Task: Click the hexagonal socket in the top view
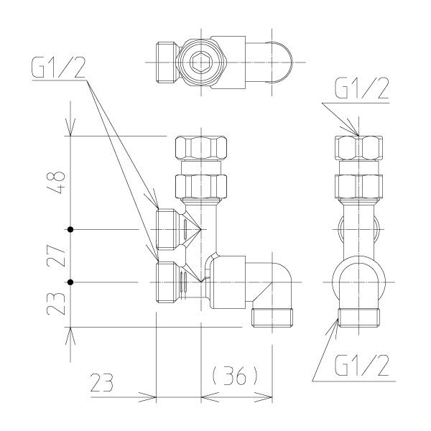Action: coord(201,62)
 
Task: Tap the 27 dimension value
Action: coord(56,256)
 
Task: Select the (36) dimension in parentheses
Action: coord(235,375)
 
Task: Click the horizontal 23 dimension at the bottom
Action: coord(102,382)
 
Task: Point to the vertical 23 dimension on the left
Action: coord(56,303)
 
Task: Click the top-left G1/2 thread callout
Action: coord(58,67)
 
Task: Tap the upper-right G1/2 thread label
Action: coord(362,88)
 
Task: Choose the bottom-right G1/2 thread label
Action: coord(362,366)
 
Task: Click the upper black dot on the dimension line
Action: coord(70,229)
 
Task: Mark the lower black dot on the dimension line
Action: coord(70,282)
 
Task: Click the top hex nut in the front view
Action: coord(201,147)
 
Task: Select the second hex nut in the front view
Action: coord(201,187)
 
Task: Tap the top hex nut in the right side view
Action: coord(358,147)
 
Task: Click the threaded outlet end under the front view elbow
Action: coord(272,318)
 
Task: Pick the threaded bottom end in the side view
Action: coord(358,318)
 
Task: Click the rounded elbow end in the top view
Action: coord(280,62)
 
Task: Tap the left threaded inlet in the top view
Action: coord(167,62)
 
